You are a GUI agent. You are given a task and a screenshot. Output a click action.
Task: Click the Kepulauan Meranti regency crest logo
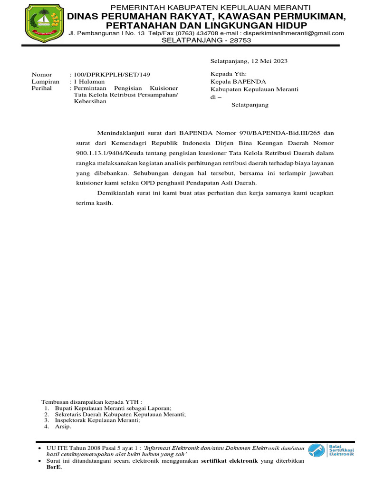tap(45, 23)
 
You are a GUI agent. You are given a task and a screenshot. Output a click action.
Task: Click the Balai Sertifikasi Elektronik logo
tap(331, 450)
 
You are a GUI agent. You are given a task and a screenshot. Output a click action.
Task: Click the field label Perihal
tap(41, 88)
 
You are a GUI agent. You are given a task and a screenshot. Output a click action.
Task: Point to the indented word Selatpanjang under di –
tap(250, 105)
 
